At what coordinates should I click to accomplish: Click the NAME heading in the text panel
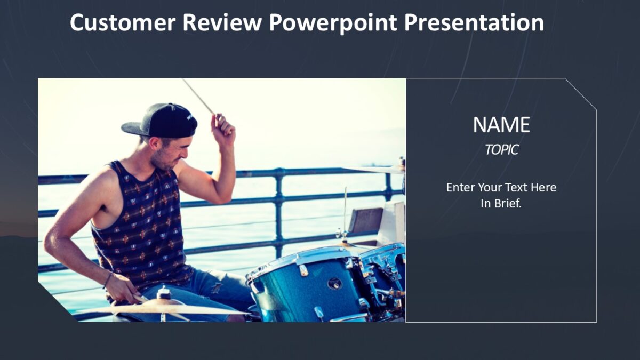click(x=501, y=125)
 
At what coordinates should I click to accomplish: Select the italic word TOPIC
click(x=501, y=150)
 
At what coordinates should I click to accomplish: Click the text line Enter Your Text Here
click(x=501, y=187)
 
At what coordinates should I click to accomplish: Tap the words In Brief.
click(x=501, y=203)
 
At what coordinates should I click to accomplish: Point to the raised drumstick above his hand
click(x=198, y=97)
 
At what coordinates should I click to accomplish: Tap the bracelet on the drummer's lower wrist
click(x=108, y=279)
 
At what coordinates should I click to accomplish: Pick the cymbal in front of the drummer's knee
click(x=160, y=308)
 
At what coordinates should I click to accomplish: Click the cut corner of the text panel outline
click(x=581, y=94)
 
